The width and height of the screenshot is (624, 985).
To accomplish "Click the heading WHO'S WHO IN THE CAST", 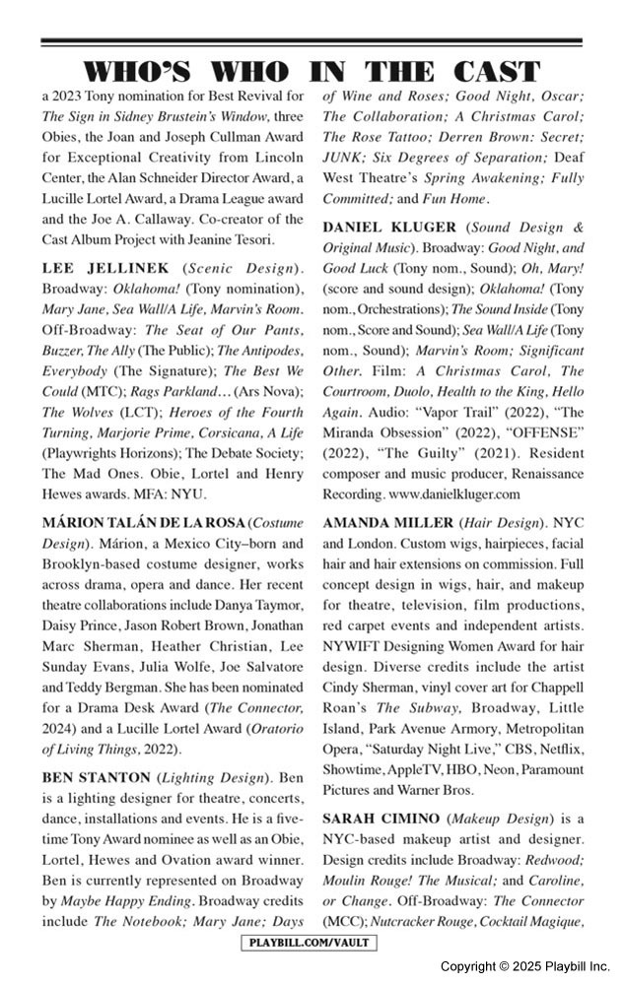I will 312,72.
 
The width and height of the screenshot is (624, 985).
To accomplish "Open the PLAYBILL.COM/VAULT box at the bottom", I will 311,944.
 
